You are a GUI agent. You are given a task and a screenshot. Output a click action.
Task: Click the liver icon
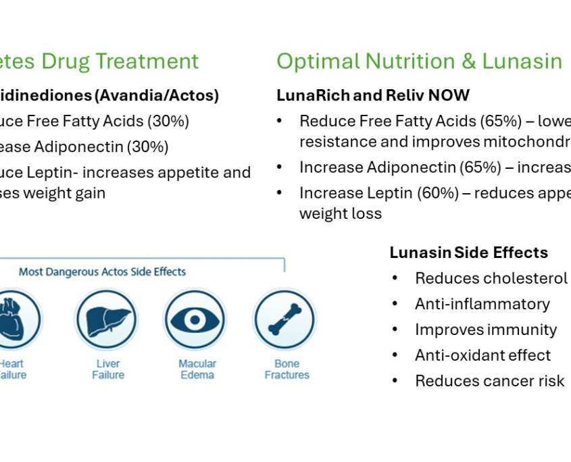pos(107,319)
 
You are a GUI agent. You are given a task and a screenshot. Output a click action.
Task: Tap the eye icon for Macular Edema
pos(196,319)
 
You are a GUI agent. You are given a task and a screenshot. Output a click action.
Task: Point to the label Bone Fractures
pos(287,369)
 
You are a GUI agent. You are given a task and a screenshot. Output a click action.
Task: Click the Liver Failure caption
pos(108,369)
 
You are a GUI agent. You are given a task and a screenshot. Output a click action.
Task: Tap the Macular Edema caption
pos(197,369)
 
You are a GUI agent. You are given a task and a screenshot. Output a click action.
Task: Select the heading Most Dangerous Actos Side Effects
pos(102,272)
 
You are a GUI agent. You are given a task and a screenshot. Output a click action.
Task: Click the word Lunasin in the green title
pos(522,61)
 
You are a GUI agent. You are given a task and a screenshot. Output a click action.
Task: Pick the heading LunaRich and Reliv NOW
pos(373,95)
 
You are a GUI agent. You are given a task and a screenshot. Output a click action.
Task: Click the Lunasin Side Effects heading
pos(468,253)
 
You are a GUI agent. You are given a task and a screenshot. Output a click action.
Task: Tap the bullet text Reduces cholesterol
pos(491,278)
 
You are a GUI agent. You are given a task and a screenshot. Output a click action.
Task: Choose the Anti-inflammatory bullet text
pos(482,304)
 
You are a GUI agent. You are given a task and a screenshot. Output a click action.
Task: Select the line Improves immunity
pos(486,330)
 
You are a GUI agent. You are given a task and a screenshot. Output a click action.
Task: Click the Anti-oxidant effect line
pos(482,355)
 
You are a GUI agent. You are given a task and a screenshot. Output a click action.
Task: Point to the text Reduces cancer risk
pos(489,381)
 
